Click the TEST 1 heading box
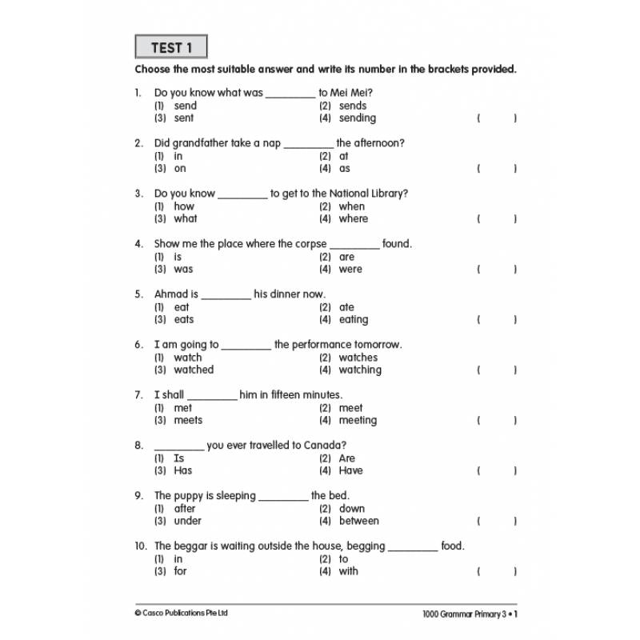click(x=171, y=48)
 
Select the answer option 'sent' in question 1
click(x=183, y=118)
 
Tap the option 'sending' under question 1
click(x=357, y=118)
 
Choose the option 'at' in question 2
click(x=343, y=156)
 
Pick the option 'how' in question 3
click(x=184, y=206)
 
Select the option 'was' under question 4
click(x=183, y=270)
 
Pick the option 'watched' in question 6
click(x=194, y=370)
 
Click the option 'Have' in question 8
click(x=350, y=470)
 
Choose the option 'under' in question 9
click(x=187, y=521)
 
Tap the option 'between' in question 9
click(x=358, y=521)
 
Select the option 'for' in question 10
click(x=180, y=571)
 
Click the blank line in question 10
click(x=413, y=550)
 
